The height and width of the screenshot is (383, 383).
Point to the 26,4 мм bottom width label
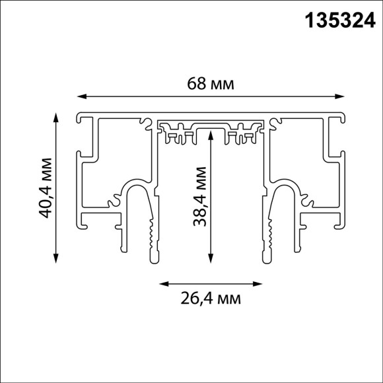click(211, 299)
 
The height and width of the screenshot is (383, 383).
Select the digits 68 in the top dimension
click(196, 84)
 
